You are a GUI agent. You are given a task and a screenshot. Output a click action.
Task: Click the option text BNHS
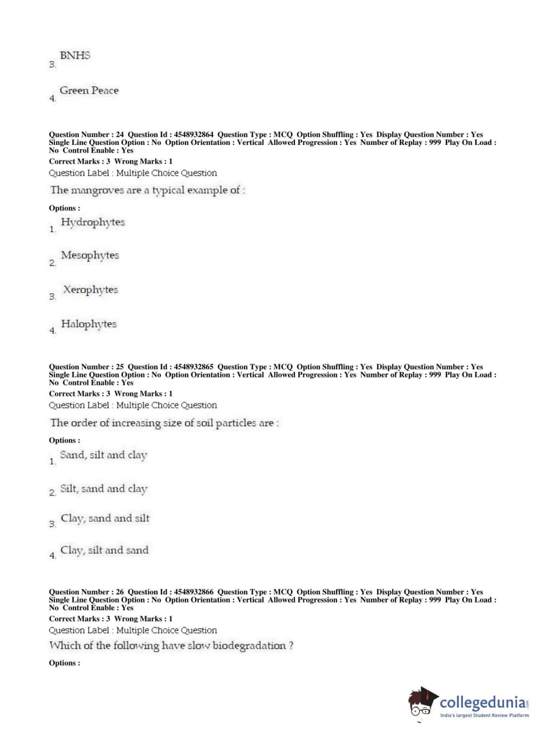coord(75,55)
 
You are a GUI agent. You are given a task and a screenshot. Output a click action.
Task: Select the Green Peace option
coord(89,91)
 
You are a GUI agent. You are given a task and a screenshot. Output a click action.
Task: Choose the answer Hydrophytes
coord(93,222)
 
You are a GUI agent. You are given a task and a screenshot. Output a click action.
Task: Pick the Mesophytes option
coord(90,255)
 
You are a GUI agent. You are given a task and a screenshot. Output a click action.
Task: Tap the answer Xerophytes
coord(90,290)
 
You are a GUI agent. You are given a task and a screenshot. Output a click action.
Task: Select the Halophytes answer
coord(89,324)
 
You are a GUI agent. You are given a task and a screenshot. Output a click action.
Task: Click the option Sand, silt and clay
coord(104,455)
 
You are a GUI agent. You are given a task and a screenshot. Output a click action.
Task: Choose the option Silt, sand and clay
coord(104,489)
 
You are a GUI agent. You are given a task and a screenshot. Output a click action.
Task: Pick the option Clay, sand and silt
coord(105,518)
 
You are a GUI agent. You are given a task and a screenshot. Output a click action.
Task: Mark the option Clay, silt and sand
coord(104,550)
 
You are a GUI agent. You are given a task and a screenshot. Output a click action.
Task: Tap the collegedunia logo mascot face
coord(422,702)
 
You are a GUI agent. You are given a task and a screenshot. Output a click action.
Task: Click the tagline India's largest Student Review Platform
coord(484,715)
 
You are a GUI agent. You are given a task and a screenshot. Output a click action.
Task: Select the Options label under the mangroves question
coord(64,208)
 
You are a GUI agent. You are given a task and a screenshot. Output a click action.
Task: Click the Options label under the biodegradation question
coord(64,663)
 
